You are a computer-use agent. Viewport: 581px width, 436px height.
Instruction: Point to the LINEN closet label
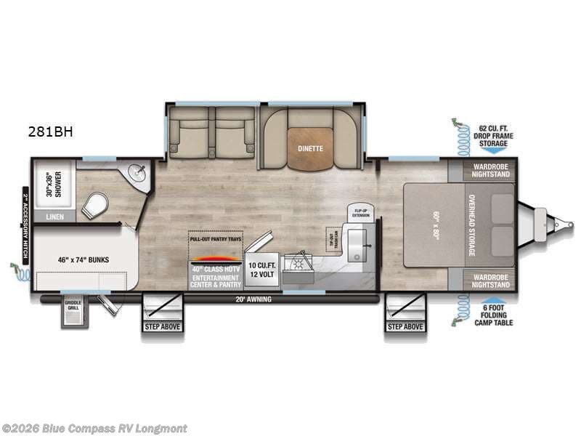tap(54, 217)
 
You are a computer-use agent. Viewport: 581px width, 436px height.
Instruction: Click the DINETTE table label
tap(310, 148)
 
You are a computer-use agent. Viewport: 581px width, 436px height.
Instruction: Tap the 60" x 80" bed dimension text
tap(435, 225)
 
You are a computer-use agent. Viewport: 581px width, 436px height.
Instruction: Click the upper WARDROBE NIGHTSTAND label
tap(488, 171)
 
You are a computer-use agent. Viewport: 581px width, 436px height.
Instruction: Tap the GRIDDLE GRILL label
tap(73, 306)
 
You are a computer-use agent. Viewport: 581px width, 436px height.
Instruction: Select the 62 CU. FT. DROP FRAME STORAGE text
tap(493, 135)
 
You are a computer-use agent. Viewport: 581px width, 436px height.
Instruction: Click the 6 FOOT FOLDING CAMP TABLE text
tap(493, 315)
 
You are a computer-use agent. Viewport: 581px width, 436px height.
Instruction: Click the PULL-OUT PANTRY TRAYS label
tap(214, 238)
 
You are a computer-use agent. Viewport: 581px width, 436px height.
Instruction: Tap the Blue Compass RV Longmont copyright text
tap(94, 428)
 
